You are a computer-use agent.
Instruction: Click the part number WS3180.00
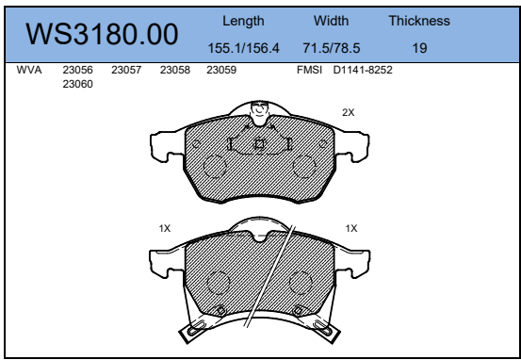[x=102, y=34]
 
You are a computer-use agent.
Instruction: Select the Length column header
[x=243, y=22]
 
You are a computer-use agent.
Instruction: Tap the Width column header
[x=332, y=21]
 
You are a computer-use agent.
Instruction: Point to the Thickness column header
[x=419, y=21]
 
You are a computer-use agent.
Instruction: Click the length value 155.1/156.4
[x=244, y=48]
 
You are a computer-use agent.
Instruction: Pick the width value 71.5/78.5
[x=332, y=48]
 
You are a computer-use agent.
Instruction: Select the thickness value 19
[x=419, y=48]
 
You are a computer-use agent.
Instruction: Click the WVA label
[x=29, y=70]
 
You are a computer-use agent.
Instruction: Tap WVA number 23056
[x=78, y=70]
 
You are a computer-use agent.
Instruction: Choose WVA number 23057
[x=126, y=70]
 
